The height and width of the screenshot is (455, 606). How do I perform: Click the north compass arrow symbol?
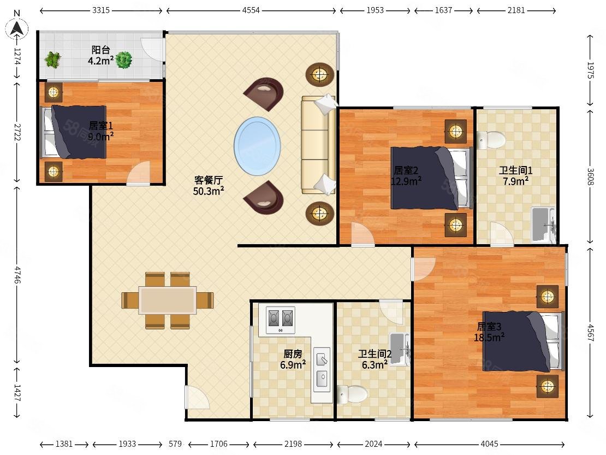pos(17,28)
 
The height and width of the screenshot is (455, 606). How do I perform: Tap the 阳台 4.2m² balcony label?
pos(100,55)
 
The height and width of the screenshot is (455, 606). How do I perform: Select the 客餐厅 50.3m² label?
pos(209,185)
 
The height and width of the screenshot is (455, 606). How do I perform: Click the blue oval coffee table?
pos(257,146)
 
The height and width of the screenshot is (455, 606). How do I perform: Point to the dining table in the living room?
pos(168,300)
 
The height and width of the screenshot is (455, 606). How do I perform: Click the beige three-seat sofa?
pos(318,145)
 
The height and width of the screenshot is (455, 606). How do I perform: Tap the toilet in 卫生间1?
pos(491,139)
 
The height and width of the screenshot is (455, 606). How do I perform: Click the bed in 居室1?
pos(74,132)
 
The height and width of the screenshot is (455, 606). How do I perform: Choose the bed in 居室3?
pos(523,341)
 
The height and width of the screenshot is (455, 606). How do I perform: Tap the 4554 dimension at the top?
pos(251,10)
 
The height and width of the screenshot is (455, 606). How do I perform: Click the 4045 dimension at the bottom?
pos(489,444)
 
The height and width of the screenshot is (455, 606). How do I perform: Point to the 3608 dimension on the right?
pos(590,176)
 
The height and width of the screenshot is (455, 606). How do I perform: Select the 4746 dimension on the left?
pos(17,274)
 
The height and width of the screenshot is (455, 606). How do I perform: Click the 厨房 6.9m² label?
pos(293,359)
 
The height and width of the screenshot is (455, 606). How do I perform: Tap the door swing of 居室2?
pos(363,234)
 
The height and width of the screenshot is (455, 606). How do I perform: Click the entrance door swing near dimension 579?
pos(197,398)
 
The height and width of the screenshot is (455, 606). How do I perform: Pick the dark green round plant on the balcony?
pos(124,60)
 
